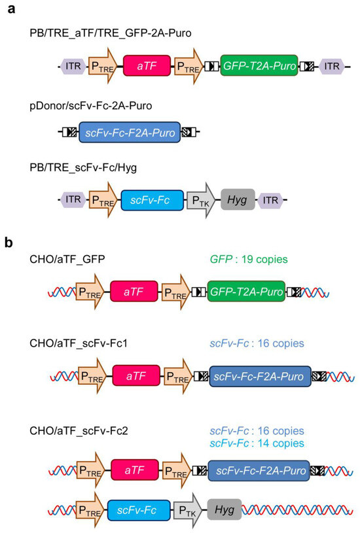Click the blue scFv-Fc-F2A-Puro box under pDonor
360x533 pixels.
(130, 133)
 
